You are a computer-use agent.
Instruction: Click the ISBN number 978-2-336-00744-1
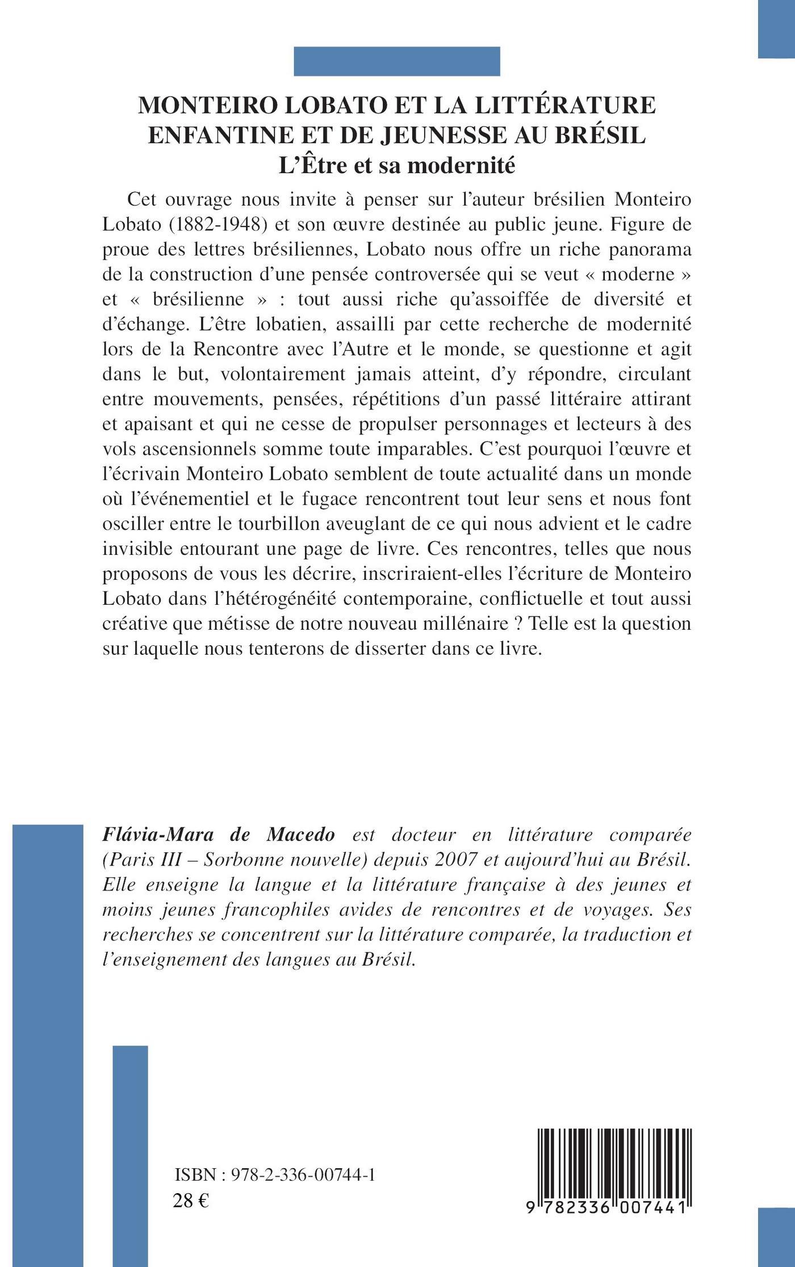303,1175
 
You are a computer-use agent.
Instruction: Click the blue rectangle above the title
396,61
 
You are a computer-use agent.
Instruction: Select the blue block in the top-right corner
776,28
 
